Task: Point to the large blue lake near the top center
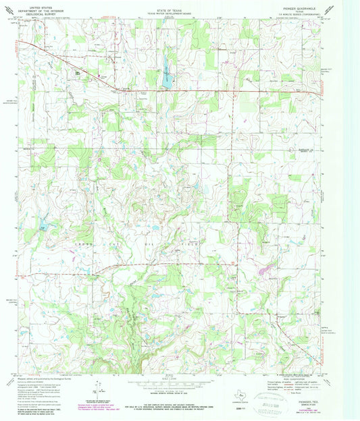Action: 164,66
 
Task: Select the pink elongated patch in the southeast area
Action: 264,269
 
